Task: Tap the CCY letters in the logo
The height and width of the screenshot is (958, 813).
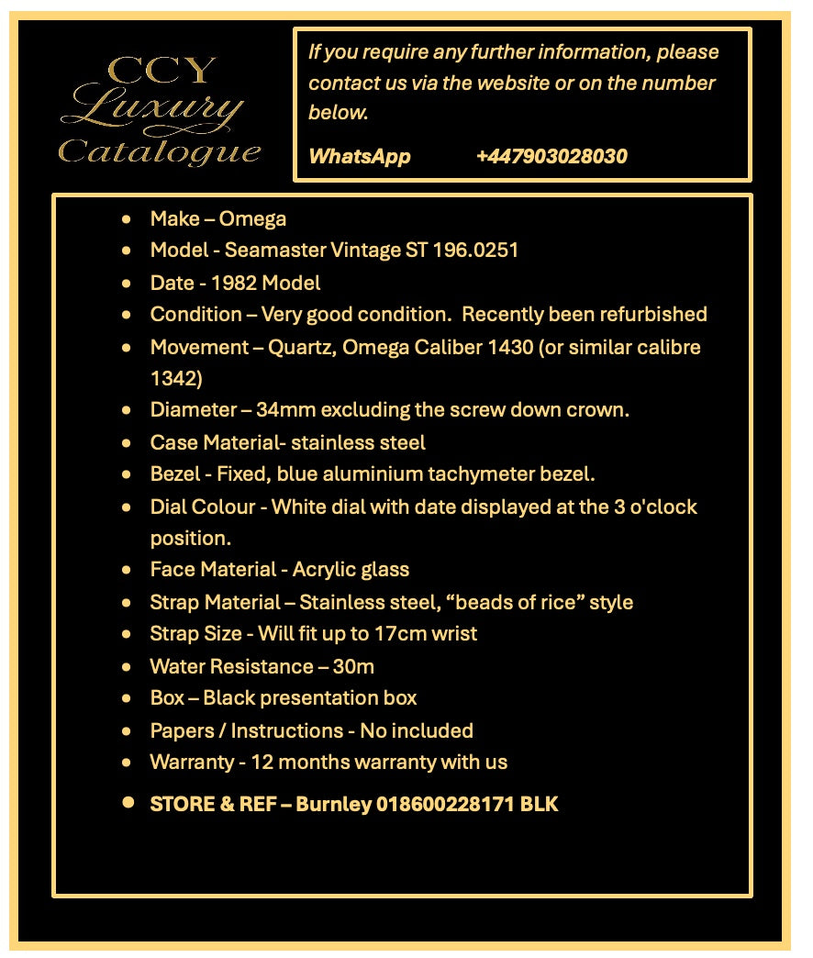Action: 161,71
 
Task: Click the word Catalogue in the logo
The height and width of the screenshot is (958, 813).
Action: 160,150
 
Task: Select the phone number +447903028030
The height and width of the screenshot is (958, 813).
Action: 551,156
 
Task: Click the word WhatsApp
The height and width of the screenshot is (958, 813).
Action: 360,156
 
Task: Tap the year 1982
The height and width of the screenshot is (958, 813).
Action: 234,283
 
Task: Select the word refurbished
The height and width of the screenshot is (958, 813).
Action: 652,314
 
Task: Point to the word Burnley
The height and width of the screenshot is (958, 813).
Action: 334,805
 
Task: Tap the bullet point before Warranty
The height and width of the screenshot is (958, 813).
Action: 127,763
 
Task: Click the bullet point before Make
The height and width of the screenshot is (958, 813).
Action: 127,219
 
